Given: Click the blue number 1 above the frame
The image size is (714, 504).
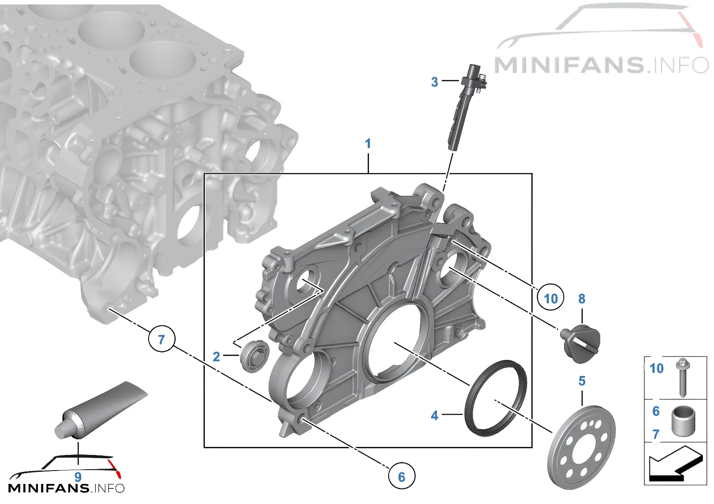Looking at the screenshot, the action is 368,144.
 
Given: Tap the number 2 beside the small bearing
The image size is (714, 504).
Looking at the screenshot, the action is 216,357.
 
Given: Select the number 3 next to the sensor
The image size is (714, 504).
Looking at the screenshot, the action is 435,82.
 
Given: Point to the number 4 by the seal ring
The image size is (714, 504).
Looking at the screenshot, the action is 435,415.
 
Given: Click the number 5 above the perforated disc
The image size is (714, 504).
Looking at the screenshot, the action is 582,381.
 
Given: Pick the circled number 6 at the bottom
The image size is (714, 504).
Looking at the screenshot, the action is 402,477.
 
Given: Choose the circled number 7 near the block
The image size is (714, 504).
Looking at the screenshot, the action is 162,339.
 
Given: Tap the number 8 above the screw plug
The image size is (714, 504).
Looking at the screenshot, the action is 582,299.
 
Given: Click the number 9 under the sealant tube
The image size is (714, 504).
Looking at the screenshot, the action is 78,477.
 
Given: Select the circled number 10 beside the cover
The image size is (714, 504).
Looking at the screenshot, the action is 551,298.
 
